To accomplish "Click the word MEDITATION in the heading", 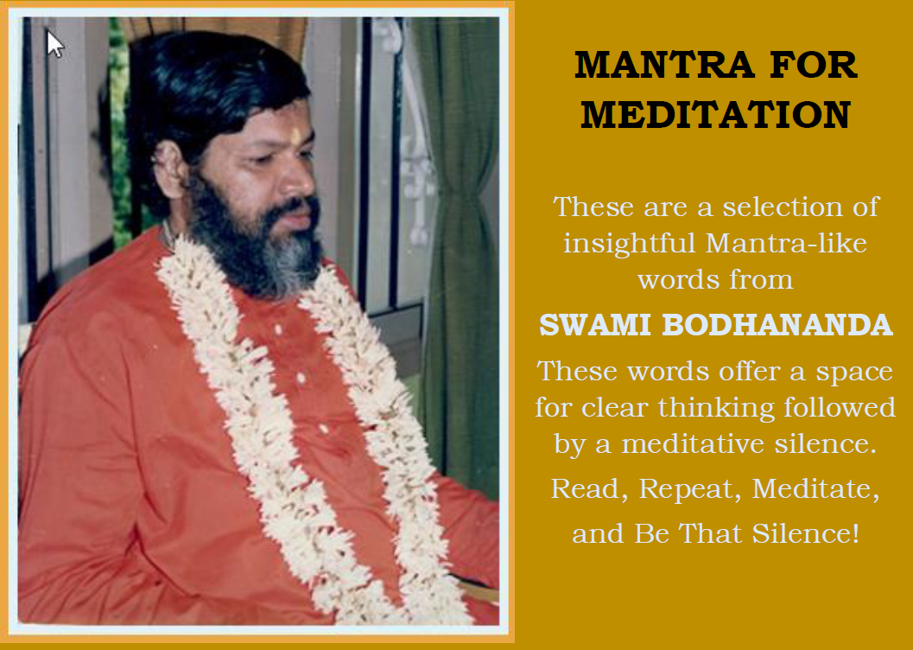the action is pyautogui.click(x=715, y=115).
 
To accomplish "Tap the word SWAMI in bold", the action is pyautogui.click(x=594, y=325).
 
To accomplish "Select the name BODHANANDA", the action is pyautogui.click(x=777, y=325).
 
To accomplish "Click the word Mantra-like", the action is pyautogui.click(x=786, y=243).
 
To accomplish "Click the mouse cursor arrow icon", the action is pyautogui.click(x=54, y=44).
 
